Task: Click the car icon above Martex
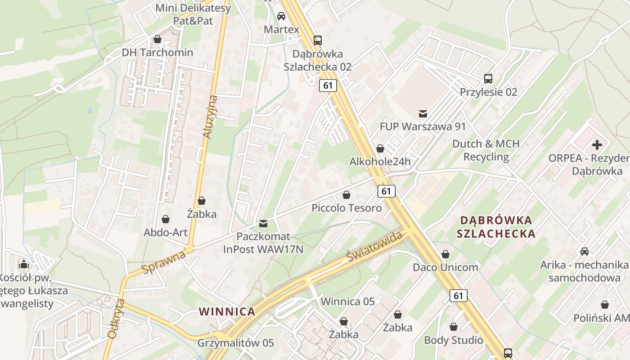coord(281,16)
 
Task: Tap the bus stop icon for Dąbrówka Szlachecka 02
coord(318,40)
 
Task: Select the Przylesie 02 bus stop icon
coord(488,79)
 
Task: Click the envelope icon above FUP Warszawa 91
coord(423,113)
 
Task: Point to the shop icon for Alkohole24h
coord(380,148)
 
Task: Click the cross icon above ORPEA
coord(597,145)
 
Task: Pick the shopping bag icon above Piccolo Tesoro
coord(346,195)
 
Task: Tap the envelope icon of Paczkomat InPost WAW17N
coord(263,223)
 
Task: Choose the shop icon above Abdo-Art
coord(166,219)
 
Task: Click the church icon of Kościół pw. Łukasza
coord(24,264)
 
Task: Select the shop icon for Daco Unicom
coord(445,254)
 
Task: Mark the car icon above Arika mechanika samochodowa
coord(585,251)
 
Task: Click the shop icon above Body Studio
coord(454,327)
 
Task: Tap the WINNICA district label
coord(227,311)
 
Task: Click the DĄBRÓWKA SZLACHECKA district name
coord(496,227)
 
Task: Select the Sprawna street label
coord(164,262)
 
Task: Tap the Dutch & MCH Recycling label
coord(486,150)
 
